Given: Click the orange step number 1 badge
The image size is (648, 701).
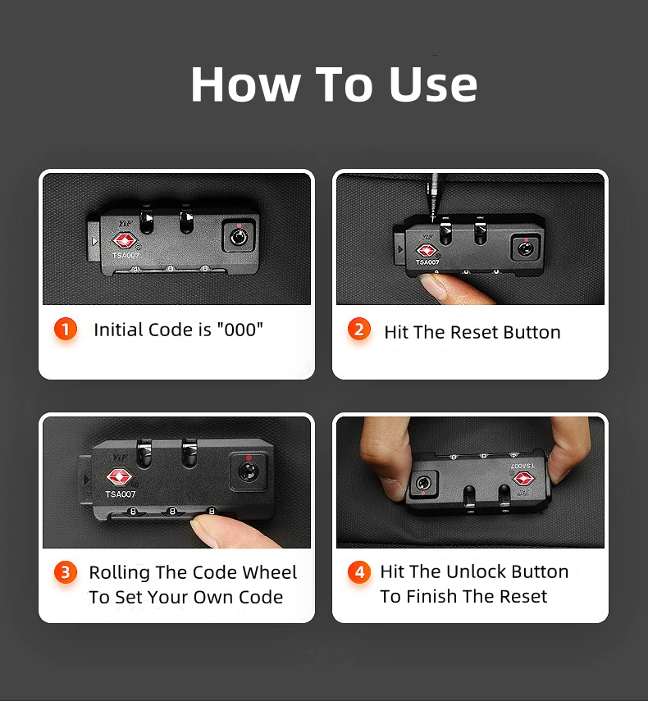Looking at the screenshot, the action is coord(66,329).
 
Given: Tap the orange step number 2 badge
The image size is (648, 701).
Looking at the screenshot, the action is coord(359,329).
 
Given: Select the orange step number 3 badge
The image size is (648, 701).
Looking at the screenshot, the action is coord(66,572).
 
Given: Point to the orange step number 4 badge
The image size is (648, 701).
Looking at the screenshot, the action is coord(359,571).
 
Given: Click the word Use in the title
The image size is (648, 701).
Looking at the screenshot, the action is coord(433,84).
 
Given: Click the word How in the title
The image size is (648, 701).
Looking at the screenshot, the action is coord(245,84).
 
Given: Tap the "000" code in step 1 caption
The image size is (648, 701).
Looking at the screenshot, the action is coord(240,330).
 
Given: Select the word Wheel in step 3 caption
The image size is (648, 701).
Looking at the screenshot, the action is coord(270,572).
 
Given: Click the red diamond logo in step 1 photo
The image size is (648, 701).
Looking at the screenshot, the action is coord(124,241).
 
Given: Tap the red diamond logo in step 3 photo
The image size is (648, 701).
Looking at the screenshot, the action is coord(119,477).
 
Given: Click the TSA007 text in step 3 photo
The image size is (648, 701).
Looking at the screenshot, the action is coord(121,494).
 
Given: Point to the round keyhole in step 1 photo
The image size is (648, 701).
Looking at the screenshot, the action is coord(239,237).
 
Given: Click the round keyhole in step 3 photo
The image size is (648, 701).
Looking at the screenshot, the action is coord(248,471).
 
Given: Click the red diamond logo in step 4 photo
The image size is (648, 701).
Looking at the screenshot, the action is coord(523,479).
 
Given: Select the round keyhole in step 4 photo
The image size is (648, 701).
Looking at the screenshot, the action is coord(423,483).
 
